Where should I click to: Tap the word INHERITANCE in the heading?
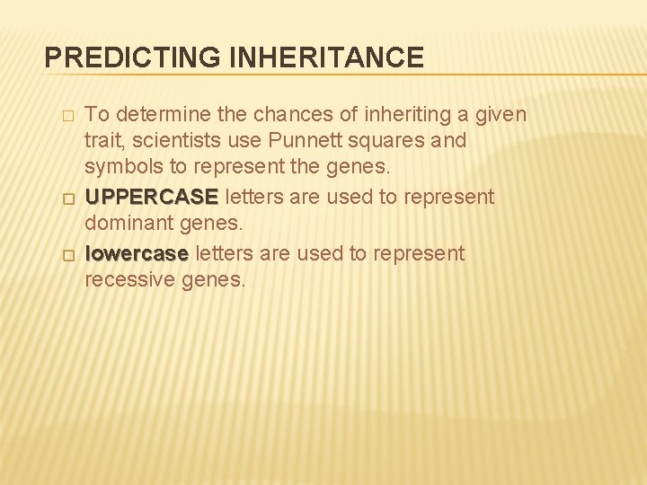click(x=327, y=58)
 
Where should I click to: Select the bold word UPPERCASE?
click(x=151, y=197)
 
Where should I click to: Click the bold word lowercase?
click(x=137, y=254)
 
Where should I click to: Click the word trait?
click(x=102, y=141)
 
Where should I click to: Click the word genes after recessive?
click(x=214, y=279)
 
